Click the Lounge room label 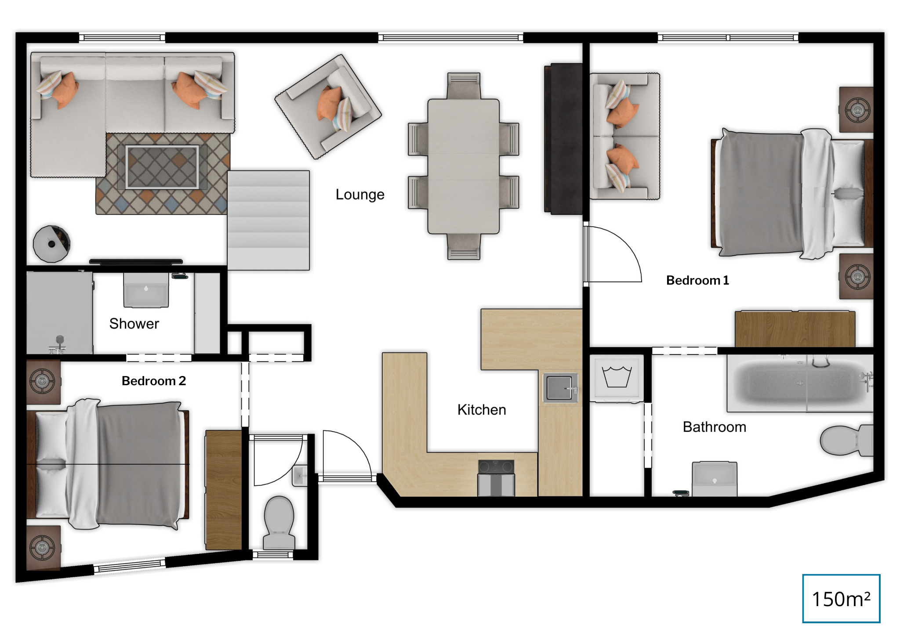[360, 195]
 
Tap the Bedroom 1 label [697, 280]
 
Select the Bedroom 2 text [154, 381]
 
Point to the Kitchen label [482, 410]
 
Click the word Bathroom [715, 427]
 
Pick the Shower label [134, 324]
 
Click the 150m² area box [841, 598]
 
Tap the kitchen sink [560, 388]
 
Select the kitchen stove [496, 478]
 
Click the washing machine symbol [617, 378]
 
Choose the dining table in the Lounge [464, 166]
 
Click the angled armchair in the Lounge [328, 107]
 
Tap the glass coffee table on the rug [162, 167]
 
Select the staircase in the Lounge [269, 220]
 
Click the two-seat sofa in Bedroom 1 [624, 137]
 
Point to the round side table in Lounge [52, 244]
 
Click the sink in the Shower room [146, 290]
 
